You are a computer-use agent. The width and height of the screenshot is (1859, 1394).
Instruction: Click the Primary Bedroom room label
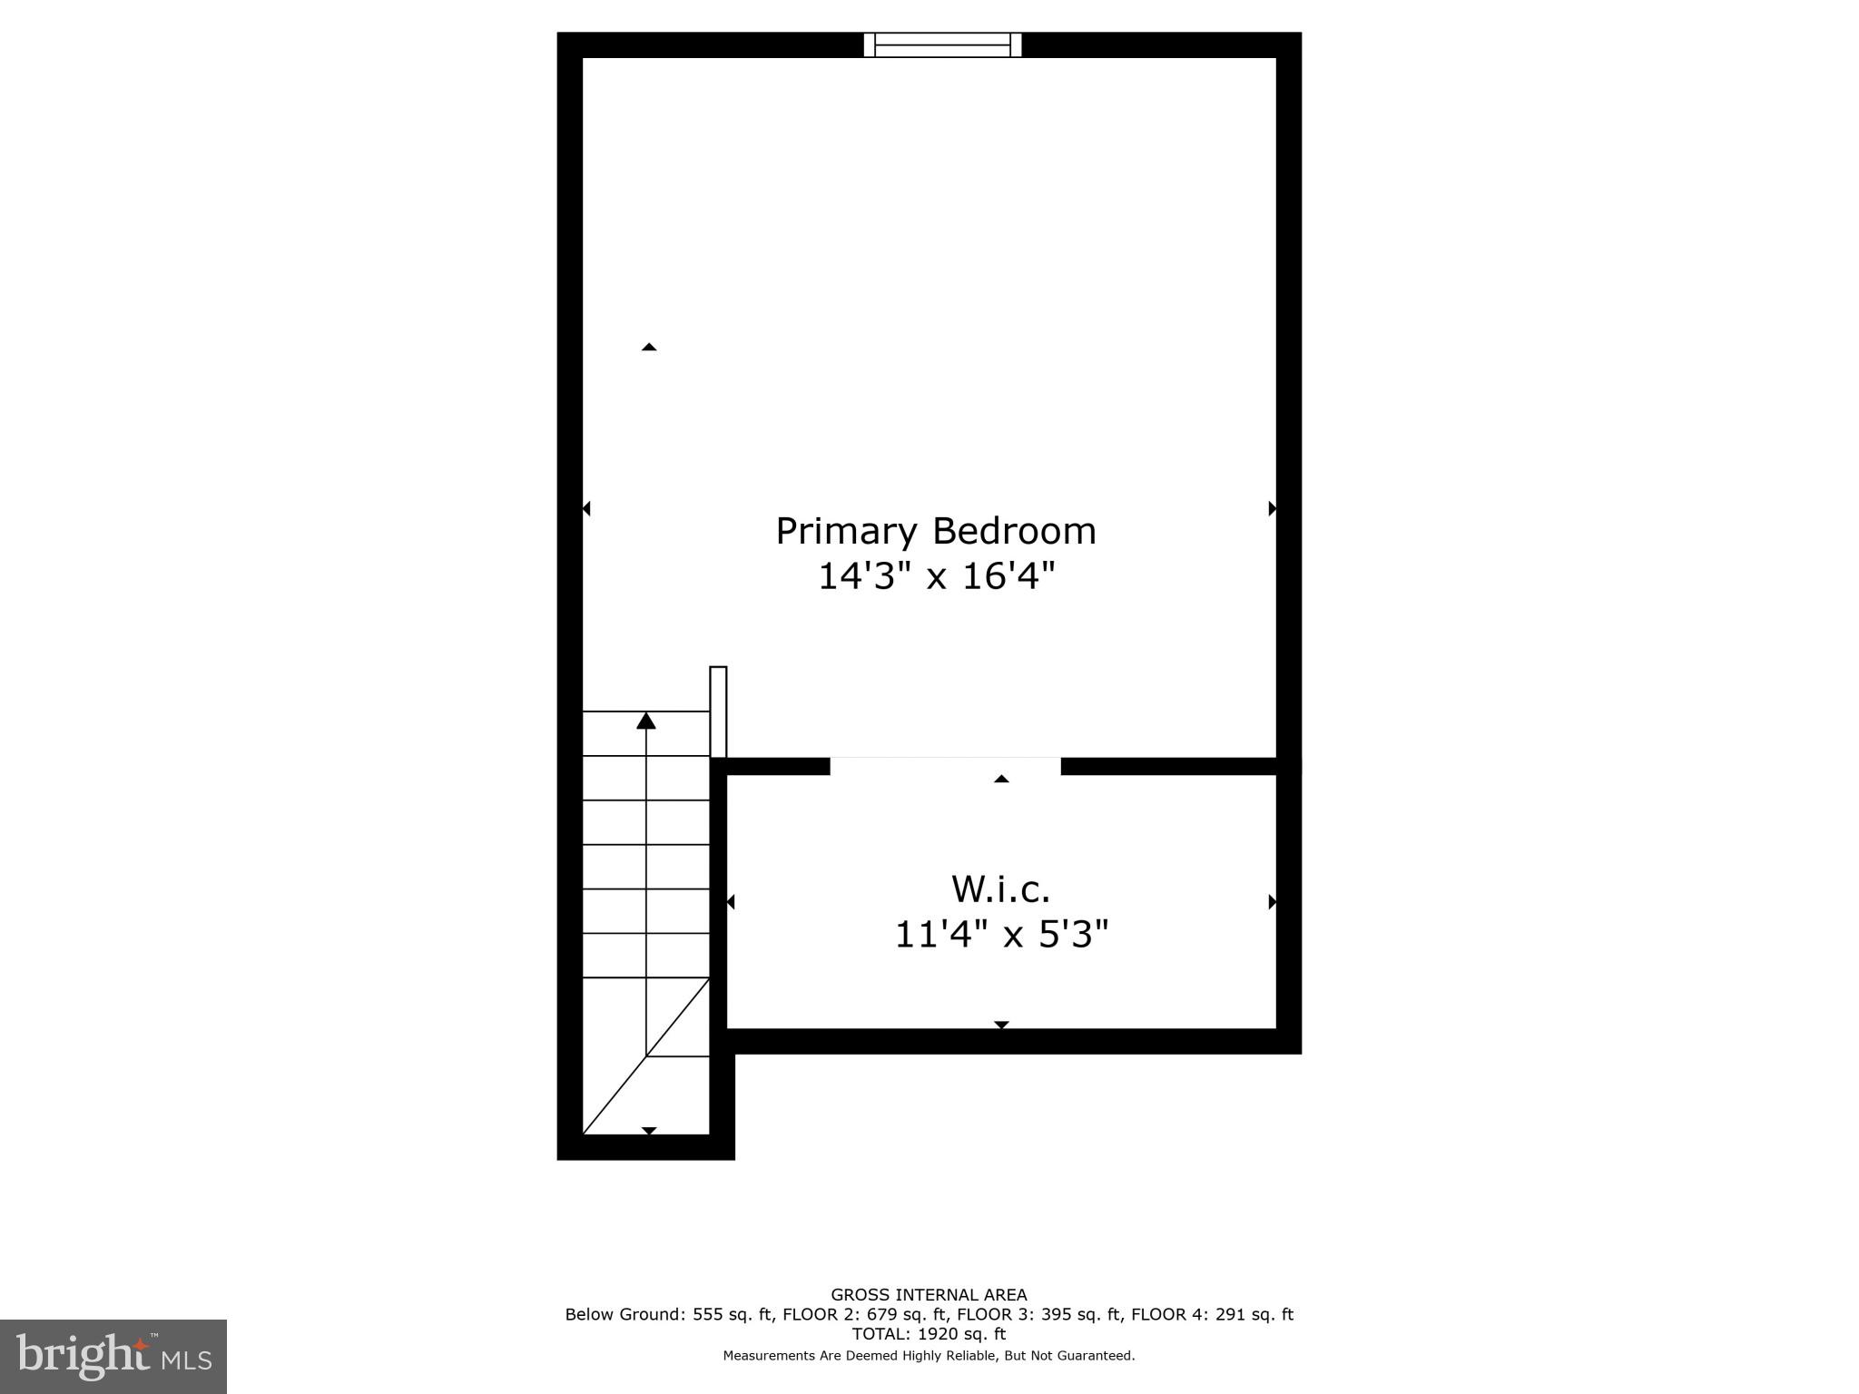pyautogui.click(x=935, y=531)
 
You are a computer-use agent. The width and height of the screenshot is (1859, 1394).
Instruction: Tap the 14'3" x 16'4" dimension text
pyautogui.click(x=936, y=576)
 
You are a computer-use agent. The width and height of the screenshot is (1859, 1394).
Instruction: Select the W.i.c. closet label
pyautogui.click(x=1000, y=889)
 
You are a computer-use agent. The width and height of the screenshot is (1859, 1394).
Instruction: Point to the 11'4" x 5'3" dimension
pyautogui.click(x=1001, y=934)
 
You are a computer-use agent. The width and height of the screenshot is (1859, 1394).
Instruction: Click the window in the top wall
pyautogui.click(x=942, y=44)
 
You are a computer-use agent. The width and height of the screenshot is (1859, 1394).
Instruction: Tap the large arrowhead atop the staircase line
pyautogui.click(x=646, y=721)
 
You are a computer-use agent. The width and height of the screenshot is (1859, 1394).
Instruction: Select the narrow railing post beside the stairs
pyautogui.click(x=718, y=712)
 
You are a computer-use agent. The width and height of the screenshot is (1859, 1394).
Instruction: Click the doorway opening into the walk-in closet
pyautogui.click(x=945, y=765)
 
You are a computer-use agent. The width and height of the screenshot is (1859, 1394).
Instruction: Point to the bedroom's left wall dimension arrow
pyautogui.click(x=586, y=508)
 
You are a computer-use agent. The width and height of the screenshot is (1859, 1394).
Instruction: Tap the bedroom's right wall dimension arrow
pyautogui.click(x=1272, y=508)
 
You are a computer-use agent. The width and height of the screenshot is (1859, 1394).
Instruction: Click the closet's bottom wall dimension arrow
pyautogui.click(x=1001, y=1025)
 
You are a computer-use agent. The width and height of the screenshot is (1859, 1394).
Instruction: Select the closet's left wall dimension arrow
pyautogui.click(x=731, y=901)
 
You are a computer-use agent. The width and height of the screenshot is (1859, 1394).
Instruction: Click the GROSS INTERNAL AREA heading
pyautogui.click(x=929, y=1295)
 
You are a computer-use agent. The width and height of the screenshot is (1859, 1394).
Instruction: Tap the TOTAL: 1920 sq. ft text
pyautogui.click(x=929, y=1333)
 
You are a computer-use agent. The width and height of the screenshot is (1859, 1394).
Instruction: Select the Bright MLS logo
pyautogui.click(x=113, y=1356)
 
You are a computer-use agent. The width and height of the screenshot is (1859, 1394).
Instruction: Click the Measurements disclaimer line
pyautogui.click(x=929, y=1355)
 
